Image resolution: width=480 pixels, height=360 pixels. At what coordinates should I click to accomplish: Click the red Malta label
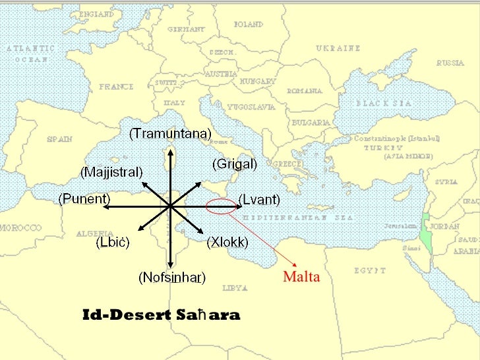301,277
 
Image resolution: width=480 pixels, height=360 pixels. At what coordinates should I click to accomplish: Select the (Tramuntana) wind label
170,133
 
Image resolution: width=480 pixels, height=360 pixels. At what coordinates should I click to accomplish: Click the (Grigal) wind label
234,164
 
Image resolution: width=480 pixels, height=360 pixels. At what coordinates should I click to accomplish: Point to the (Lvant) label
259,199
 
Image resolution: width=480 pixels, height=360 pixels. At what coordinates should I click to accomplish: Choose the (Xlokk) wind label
227,243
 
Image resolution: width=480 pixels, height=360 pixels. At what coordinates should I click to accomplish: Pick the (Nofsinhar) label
172,278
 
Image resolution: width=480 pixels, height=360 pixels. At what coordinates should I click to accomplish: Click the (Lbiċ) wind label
113,243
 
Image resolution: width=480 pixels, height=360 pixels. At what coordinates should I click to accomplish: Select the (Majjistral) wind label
111,173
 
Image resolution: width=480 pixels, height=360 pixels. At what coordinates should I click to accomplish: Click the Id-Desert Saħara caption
161,315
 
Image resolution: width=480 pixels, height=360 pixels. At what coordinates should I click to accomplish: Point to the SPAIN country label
59,140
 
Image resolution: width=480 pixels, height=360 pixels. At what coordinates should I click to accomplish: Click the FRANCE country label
116,86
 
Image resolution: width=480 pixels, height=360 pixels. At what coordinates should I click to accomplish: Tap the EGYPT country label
369,270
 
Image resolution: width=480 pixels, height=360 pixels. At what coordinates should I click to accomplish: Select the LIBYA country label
235,288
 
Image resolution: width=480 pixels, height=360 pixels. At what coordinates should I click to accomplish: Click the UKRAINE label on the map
338,48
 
